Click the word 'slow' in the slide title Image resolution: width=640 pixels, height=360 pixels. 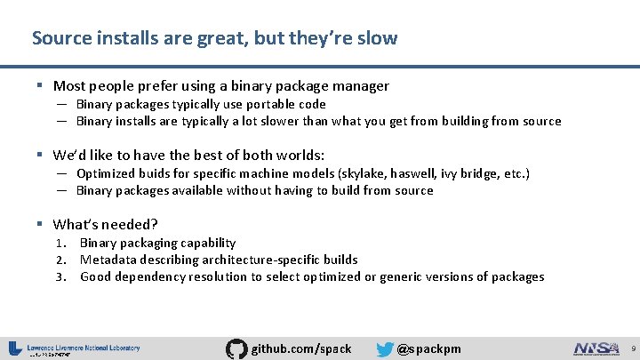tap(380, 38)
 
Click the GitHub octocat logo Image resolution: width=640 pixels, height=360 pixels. tap(237, 348)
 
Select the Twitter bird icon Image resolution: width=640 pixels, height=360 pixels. tap(384, 348)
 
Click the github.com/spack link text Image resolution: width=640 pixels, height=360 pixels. tap(301, 348)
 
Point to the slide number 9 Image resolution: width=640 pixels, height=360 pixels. tap(629, 348)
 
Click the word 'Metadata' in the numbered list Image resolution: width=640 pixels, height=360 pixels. tap(108, 260)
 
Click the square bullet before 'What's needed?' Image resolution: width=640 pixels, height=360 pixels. tap(42, 225)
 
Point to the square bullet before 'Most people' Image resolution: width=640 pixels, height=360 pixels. tap(42, 86)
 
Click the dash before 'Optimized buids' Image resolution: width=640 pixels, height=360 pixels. tap(64, 173)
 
